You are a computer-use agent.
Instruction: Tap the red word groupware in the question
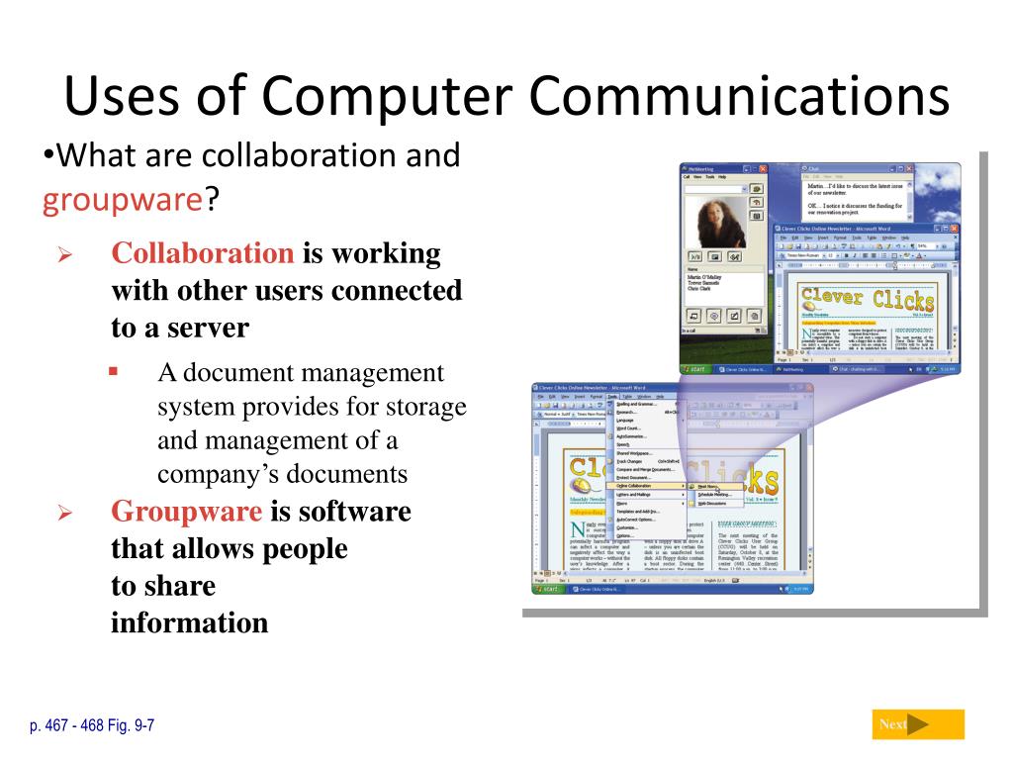tap(122, 201)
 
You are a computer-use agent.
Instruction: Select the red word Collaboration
tap(203, 253)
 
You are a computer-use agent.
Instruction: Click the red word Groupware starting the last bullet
tap(187, 512)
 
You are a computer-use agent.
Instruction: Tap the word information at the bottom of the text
tap(189, 623)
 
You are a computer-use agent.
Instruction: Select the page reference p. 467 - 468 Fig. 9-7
tap(92, 725)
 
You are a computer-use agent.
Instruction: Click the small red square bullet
tap(113, 372)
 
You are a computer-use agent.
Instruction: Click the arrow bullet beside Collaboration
tap(64, 256)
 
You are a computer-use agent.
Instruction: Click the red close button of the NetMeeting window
tap(770, 170)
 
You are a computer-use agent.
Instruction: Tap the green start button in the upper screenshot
tap(695, 368)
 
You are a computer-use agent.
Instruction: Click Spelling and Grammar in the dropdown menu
tap(638, 404)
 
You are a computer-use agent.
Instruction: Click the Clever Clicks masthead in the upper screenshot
tap(867, 299)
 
